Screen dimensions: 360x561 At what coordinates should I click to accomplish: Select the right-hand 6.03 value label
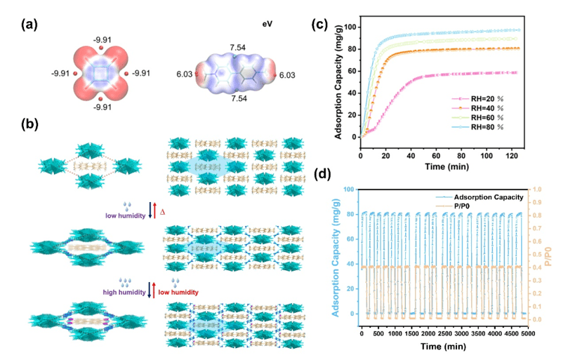[287, 73]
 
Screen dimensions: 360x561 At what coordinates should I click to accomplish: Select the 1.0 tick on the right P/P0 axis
[536, 189]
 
